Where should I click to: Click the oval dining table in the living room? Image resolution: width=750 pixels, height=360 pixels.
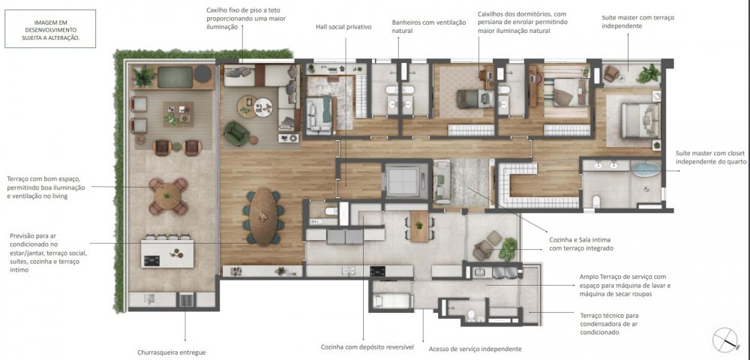click(x=263, y=217)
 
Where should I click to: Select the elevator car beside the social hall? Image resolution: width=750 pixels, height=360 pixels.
click(x=403, y=180)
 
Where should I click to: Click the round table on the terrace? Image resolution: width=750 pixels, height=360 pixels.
click(x=167, y=196)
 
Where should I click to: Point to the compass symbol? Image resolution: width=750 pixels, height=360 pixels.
click(x=725, y=340)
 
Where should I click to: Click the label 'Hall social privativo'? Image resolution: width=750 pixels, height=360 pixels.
click(x=343, y=27)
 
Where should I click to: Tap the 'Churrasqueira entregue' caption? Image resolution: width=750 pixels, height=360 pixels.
click(x=172, y=352)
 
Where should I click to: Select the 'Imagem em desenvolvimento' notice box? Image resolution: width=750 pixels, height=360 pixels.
click(x=50, y=28)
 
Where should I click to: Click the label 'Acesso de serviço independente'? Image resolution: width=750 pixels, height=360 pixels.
click(x=475, y=349)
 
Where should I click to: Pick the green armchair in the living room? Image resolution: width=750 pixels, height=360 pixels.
click(x=237, y=133)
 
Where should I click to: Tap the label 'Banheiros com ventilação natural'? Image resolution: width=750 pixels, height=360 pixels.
click(x=428, y=27)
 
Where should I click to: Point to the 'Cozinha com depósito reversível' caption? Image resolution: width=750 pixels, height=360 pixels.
click(x=367, y=347)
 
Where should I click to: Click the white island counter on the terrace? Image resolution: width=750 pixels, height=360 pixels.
click(x=167, y=253)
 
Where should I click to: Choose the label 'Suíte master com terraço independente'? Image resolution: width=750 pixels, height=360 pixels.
click(x=638, y=22)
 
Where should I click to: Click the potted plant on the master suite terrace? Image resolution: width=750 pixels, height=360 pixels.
click(x=649, y=73)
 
